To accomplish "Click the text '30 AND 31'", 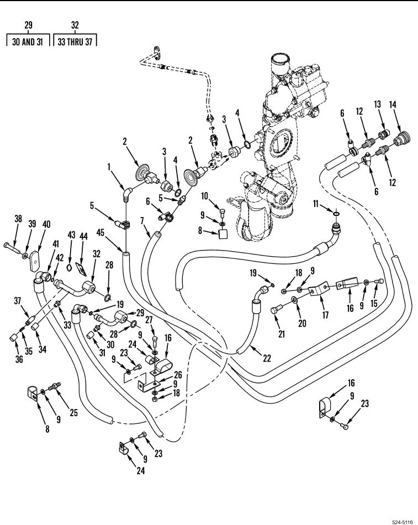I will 28,41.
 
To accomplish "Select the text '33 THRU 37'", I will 75,41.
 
